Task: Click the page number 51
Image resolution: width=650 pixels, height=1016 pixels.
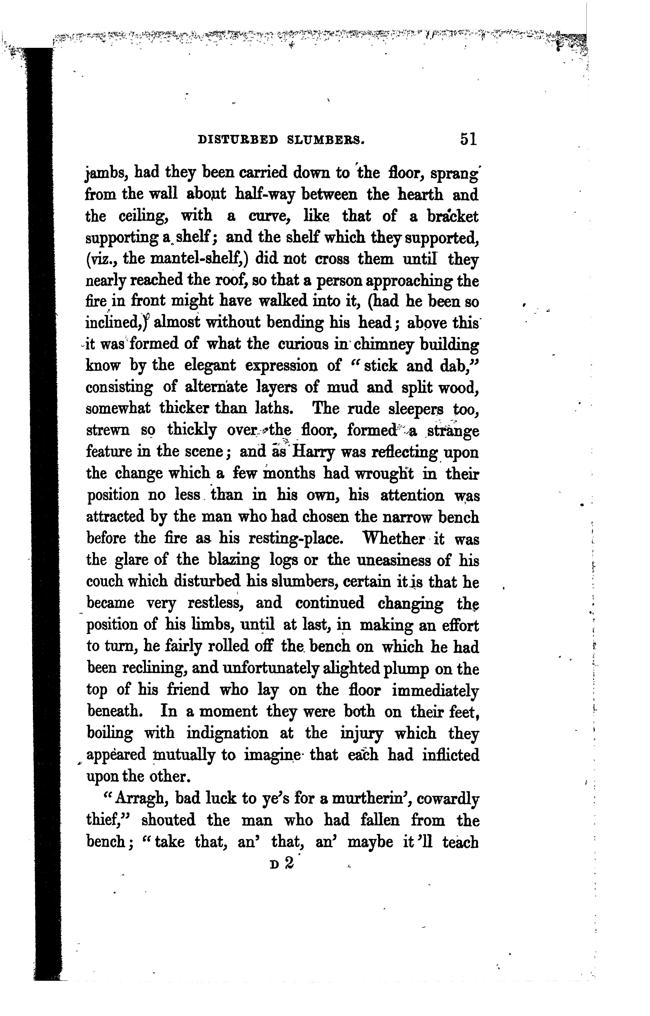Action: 468,139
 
